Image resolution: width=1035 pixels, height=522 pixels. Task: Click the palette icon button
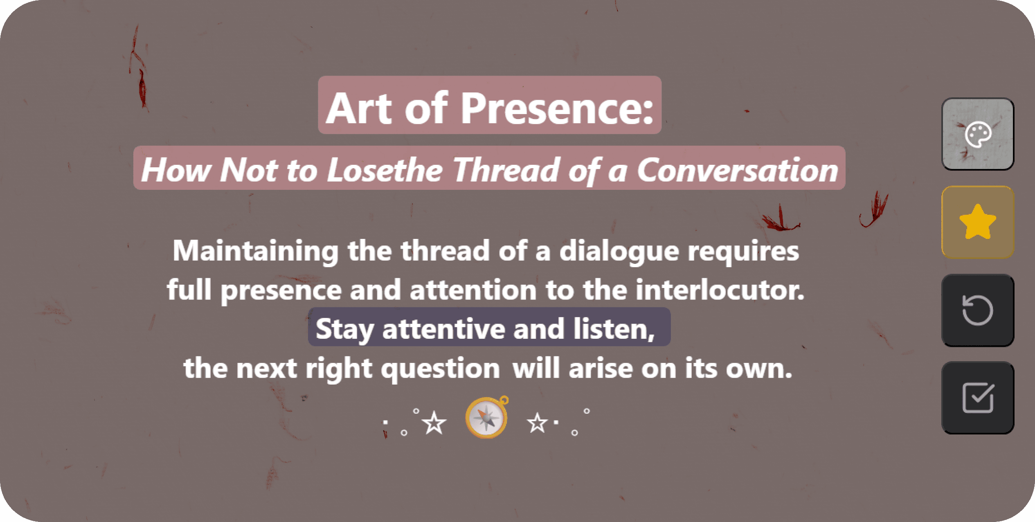point(978,134)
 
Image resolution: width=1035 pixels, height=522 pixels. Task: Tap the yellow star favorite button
point(978,222)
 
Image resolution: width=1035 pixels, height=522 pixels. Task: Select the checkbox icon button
point(978,398)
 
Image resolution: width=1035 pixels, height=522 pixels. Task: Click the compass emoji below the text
point(487,417)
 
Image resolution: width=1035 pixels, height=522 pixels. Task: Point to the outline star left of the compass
point(434,423)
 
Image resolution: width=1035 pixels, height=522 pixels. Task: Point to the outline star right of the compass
point(537,423)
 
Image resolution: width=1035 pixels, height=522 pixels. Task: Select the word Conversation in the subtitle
point(738,170)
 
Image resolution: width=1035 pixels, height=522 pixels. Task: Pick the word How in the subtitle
point(176,170)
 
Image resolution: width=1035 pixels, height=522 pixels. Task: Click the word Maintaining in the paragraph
point(256,251)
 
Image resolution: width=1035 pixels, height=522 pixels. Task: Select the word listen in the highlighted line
point(614,328)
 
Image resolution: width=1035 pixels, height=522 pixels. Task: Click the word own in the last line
point(759,369)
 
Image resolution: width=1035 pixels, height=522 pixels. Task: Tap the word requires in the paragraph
point(743,252)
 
